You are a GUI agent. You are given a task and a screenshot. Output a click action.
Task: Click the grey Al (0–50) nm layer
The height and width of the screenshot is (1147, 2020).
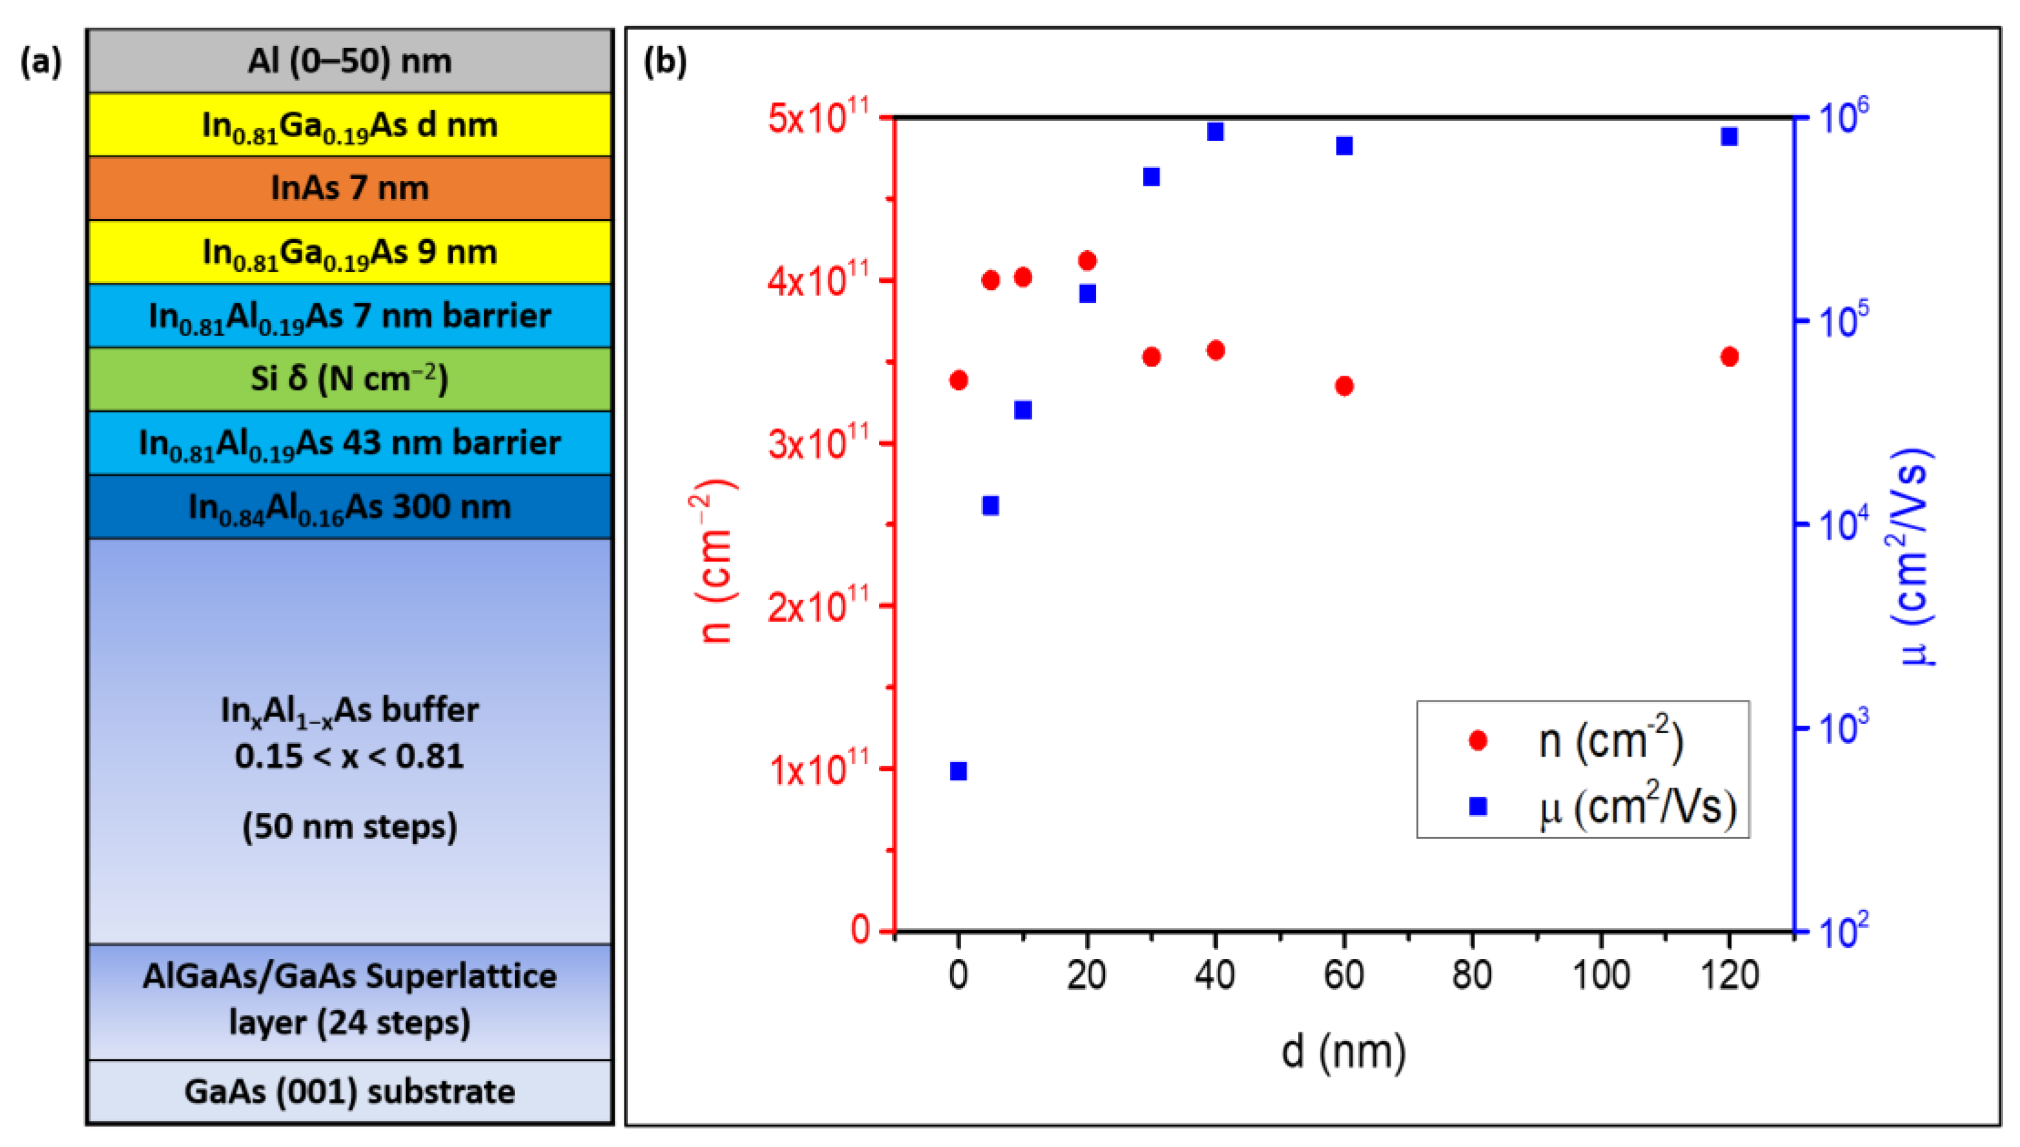click(349, 61)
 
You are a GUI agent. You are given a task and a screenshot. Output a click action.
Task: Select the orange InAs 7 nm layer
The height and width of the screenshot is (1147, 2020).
click(349, 188)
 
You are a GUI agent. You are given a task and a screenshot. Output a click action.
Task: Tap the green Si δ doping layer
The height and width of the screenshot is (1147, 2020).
click(349, 379)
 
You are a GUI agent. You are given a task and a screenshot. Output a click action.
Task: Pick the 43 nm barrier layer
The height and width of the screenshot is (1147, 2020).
click(349, 443)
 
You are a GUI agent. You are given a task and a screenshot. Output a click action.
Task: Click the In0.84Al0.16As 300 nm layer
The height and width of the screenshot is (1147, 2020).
click(349, 507)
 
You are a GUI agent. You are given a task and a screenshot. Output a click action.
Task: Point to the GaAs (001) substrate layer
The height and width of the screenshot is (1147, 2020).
click(349, 1091)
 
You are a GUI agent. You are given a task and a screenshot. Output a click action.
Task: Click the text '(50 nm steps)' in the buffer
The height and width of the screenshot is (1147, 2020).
click(349, 827)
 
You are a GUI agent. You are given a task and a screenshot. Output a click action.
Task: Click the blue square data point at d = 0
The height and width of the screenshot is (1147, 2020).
click(958, 771)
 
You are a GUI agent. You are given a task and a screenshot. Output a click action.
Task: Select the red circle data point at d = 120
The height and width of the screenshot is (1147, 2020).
click(1729, 357)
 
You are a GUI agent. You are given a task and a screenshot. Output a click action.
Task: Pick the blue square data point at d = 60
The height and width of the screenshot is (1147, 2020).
click(1344, 146)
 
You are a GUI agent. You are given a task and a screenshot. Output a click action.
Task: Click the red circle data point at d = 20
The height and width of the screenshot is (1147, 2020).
click(1087, 261)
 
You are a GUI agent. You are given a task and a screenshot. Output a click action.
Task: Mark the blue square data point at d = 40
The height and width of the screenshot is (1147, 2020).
click(1215, 132)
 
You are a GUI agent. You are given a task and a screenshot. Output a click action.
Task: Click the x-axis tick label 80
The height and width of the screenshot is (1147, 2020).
click(1472, 975)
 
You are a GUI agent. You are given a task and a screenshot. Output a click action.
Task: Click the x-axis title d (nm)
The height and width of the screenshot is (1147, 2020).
click(1343, 1052)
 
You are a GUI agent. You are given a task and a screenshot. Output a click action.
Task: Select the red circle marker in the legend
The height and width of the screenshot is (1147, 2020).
click(1478, 740)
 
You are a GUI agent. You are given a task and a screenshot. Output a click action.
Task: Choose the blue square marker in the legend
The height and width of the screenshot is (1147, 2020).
click(1478, 806)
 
